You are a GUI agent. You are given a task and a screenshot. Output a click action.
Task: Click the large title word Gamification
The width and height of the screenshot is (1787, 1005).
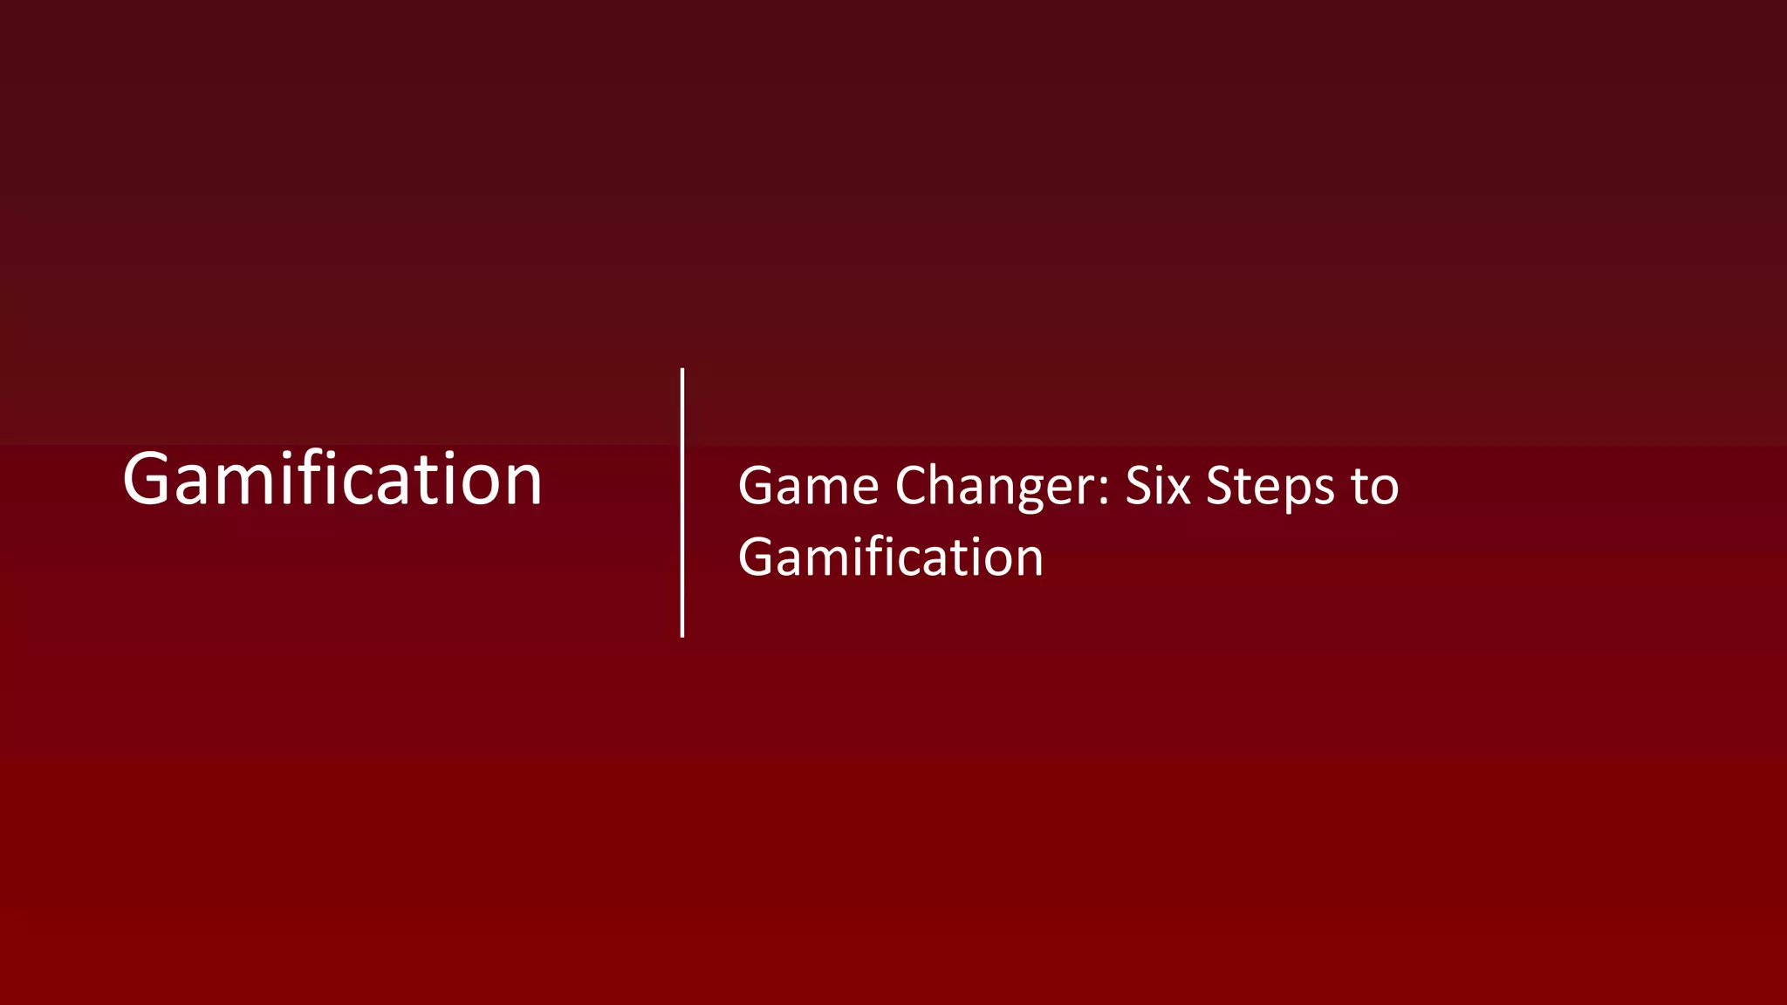[x=332, y=479]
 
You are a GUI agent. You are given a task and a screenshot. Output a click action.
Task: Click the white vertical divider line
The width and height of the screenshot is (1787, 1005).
[x=682, y=502]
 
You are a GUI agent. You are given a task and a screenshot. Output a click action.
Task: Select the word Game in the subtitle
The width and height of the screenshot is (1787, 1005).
[x=808, y=486]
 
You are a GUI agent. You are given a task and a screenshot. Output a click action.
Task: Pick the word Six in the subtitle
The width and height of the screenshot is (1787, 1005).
[x=1157, y=486]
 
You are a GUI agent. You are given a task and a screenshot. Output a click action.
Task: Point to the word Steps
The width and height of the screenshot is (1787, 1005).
[x=1270, y=486]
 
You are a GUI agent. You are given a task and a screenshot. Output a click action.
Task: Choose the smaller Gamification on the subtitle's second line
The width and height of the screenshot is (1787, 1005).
[x=890, y=557]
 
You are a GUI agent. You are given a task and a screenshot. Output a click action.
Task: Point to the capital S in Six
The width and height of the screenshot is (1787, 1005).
[x=1138, y=486]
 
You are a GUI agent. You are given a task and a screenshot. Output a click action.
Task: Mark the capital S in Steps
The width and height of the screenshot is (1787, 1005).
[x=1219, y=486]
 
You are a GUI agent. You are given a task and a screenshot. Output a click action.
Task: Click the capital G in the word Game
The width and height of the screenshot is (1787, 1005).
[x=757, y=486]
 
